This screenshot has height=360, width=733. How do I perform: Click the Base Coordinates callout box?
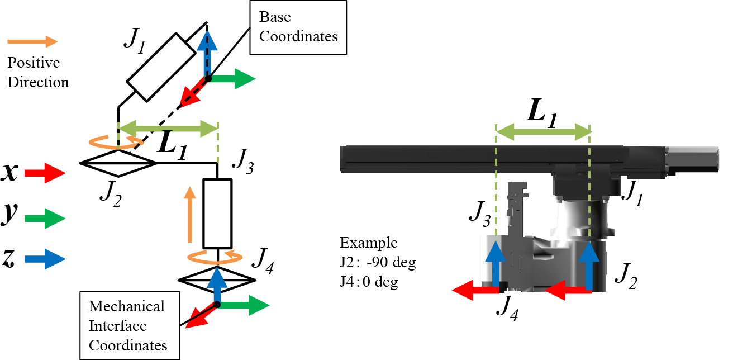coord(298,27)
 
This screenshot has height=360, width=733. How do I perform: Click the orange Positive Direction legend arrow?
coord(33,41)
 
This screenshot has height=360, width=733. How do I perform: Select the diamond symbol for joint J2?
coord(118,163)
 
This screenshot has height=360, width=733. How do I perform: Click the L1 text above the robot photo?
coord(543,115)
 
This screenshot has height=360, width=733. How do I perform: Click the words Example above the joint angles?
coord(369,244)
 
